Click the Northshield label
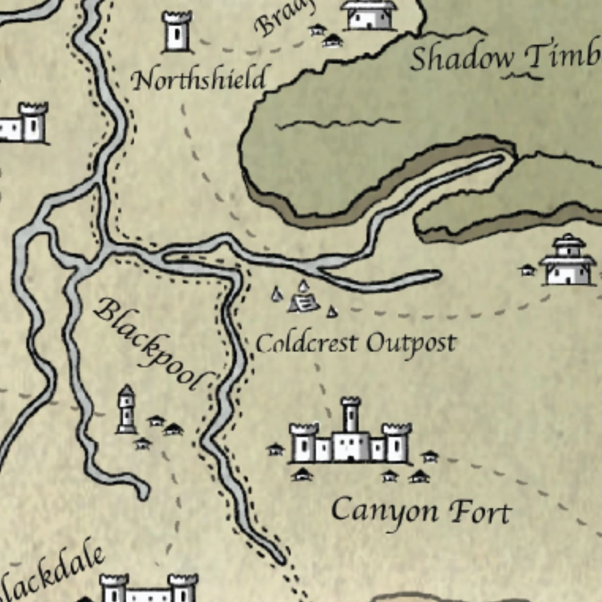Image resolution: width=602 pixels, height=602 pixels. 198,80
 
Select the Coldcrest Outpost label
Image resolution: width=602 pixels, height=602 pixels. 356,344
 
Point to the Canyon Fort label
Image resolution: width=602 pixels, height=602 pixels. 420,512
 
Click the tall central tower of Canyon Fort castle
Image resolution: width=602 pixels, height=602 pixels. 350,416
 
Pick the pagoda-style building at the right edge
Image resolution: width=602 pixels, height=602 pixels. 567,261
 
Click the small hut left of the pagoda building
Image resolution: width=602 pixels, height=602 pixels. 527,270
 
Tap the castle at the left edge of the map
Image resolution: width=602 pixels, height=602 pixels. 25,123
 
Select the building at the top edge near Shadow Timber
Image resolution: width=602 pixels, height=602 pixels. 369,15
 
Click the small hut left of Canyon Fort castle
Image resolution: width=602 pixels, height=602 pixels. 275,449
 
